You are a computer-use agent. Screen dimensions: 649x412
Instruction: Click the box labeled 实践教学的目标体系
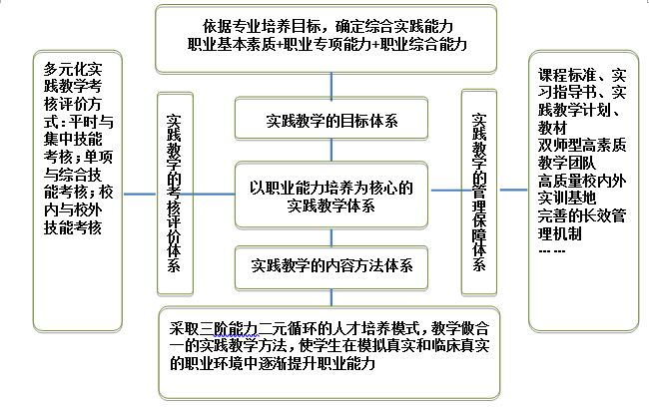pyautogui.click(x=331, y=119)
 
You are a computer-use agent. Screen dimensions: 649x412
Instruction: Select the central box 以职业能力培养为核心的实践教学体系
pyautogui.click(x=331, y=196)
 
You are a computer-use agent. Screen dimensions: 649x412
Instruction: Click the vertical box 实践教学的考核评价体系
pyautogui.click(x=175, y=194)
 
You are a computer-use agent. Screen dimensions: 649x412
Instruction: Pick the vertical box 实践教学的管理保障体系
pyautogui.click(x=479, y=193)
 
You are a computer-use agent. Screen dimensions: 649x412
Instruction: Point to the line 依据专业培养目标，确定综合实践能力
pyautogui.click(x=327, y=27)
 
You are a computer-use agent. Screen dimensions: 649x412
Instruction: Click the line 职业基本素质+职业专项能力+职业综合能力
pyautogui.click(x=326, y=44)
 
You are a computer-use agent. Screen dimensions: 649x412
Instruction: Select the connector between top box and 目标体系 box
pyautogui.click(x=331, y=86)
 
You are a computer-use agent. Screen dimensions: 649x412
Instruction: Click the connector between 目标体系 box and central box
pyautogui.click(x=331, y=151)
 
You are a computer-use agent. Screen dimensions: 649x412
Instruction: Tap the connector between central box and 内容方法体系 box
pyautogui.click(x=331, y=237)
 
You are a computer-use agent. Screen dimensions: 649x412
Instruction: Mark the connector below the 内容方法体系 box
pyautogui.click(x=331, y=298)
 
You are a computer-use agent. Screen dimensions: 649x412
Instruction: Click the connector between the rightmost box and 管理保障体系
pyautogui.click(x=513, y=190)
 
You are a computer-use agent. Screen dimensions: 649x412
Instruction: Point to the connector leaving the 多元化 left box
pyautogui.click(x=140, y=194)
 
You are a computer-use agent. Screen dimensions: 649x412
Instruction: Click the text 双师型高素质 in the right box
pyautogui.click(x=582, y=146)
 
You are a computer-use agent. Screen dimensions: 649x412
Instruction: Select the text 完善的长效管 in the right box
pyautogui.click(x=582, y=215)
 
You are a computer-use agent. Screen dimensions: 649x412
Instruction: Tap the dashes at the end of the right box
pyautogui.click(x=552, y=250)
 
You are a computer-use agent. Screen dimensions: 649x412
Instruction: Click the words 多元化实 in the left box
pyautogui.click(x=73, y=69)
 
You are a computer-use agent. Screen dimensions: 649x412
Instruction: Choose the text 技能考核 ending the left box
pyautogui.click(x=73, y=227)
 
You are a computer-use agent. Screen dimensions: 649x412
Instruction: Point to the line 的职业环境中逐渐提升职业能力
pyautogui.click(x=273, y=363)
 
